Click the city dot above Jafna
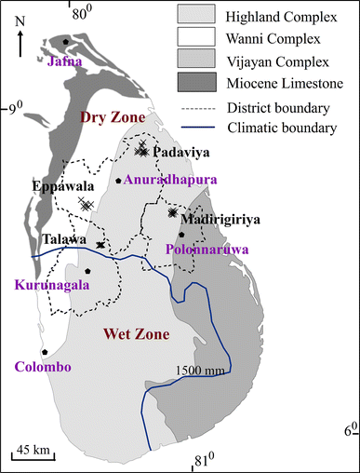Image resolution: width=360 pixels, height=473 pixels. (x=65, y=42)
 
